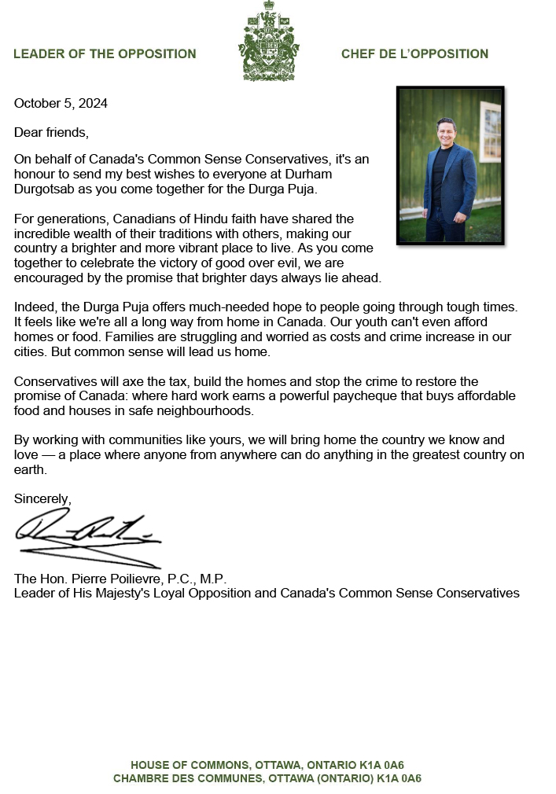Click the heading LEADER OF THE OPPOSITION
click(x=105, y=54)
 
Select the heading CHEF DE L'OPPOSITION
click(x=414, y=54)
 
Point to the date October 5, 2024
click(x=61, y=103)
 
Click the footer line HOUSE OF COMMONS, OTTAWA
click(x=267, y=765)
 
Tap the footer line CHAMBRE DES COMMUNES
click(x=267, y=778)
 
